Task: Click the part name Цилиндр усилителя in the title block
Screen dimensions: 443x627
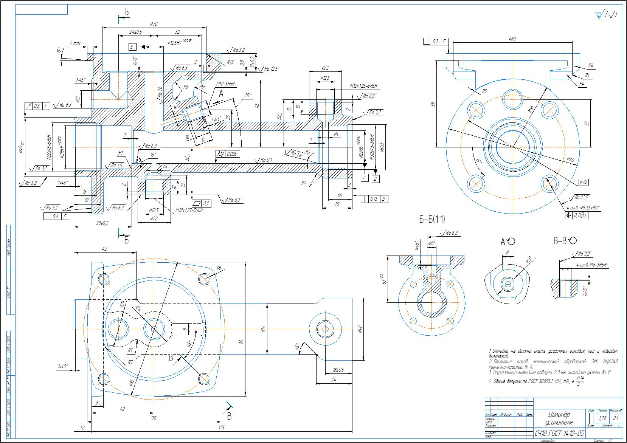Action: pos(559,418)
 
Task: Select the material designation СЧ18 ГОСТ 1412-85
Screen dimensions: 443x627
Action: pos(559,433)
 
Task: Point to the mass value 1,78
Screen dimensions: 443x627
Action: pos(603,418)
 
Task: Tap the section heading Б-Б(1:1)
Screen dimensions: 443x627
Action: pos(432,219)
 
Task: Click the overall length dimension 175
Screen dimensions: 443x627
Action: pos(221,428)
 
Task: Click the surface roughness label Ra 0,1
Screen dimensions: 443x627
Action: pos(267,160)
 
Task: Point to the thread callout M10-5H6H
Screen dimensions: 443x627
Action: pos(225,84)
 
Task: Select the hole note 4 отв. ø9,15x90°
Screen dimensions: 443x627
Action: pos(582,207)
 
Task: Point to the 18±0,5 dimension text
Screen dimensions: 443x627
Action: pos(339,369)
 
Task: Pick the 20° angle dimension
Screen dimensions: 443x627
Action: pos(248,96)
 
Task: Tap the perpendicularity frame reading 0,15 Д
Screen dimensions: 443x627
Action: pos(374,199)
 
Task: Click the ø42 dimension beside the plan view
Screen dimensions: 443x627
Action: pos(360,329)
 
